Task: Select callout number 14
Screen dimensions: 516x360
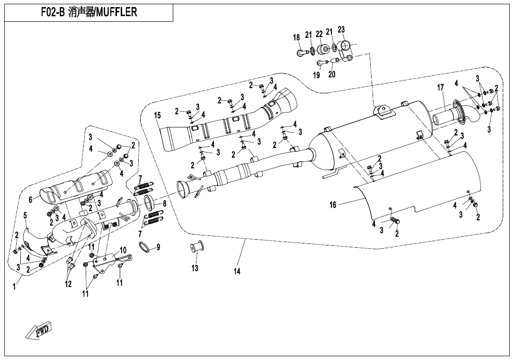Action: tap(237, 271)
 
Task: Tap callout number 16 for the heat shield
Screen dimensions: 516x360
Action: tap(333, 205)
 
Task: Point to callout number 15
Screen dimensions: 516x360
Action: tap(158, 115)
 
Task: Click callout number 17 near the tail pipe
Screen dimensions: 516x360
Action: tap(441, 88)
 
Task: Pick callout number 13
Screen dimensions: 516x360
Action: tap(195, 268)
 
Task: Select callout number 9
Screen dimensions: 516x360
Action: tap(158, 247)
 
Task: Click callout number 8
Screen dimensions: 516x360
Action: tap(165, 204)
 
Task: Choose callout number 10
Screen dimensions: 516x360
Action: tap(123, 250)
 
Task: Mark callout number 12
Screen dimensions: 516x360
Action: tap(68, 284)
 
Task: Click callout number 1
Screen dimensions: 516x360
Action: tap(14, 287)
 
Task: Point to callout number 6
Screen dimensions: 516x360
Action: tap(31, 200)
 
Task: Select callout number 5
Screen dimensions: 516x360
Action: tap(25, 216)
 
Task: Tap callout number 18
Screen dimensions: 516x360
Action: tap(296, 37)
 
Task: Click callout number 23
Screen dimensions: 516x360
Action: tap(341, 30)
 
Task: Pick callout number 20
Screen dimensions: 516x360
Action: tap(332, 74)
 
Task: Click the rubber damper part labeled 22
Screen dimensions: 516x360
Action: tap(323, 49)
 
